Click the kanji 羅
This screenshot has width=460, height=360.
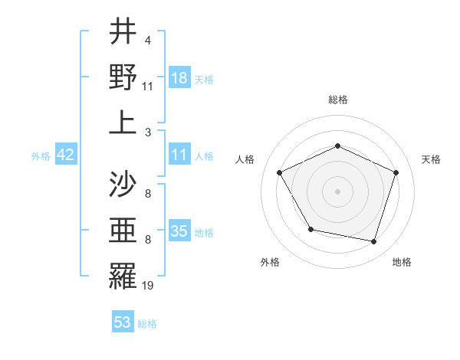(123, 277)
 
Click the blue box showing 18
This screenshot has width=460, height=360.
(179, 77)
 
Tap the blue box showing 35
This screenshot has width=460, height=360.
(179, 231)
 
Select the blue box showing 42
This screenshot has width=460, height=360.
(65, 155)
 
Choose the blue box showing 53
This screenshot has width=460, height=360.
(123, 322)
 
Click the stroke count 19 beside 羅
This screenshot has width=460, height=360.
(149, 286)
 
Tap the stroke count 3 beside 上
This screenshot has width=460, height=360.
(148, 132)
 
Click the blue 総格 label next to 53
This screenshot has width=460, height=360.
(147, 324)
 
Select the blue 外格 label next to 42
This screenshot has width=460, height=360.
(41, 155)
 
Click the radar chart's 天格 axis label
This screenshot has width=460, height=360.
(431, 159)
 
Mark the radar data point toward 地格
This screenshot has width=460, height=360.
(373, 241)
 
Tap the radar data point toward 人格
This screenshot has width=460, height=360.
(279, 172)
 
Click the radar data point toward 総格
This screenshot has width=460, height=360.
(337, 146)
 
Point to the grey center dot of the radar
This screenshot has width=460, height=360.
(337, 191)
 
